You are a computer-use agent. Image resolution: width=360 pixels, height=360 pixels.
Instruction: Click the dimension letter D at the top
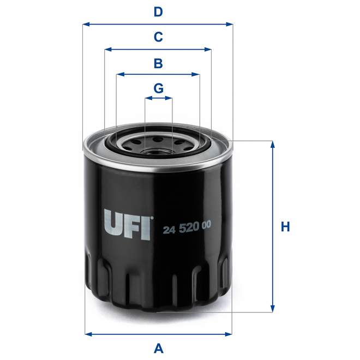pyautogui.click(x=158, y=11)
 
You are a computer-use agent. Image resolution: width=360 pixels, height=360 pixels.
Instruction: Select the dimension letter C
pyautogui.click(x=158, y=37)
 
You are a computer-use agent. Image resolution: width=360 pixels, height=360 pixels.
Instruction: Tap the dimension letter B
pyautogui.click(x=158, y=63)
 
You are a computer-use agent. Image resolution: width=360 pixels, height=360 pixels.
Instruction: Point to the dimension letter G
pyautogui.click(x=158, y=88)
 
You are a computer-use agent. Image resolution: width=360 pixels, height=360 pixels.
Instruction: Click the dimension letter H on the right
pyautogui.click(x=285, y=226)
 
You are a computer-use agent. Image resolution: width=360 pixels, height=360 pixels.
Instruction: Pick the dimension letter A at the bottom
pyautogui.click(x=159, y=347)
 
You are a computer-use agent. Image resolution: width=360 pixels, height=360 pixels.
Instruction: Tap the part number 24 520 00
pyautogui.click(x=187, y=230)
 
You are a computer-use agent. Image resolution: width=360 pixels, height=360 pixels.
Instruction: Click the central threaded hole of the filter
pyautogui.click(x=159, y=145)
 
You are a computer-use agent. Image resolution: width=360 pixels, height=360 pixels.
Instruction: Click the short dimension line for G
pyautogui.click(x=158, y=99)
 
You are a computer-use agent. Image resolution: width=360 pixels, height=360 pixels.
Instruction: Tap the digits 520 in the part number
pyautogui.click(x=188, y=230)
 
